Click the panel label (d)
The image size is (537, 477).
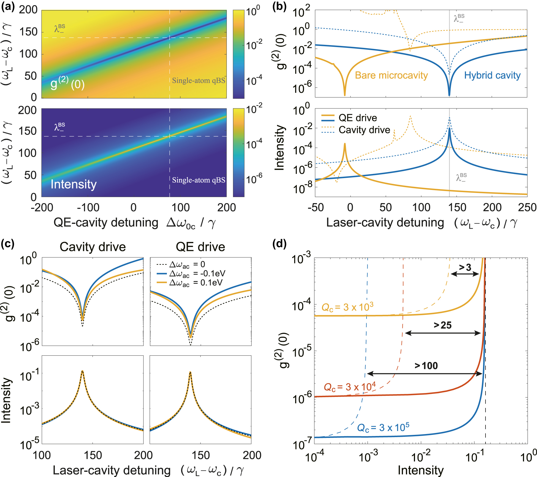[x=279, y=244]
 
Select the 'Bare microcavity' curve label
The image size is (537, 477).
[x=391, y=75]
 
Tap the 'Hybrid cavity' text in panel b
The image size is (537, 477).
[x=492, y=75]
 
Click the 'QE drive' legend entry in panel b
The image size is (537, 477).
[x=357, y=118]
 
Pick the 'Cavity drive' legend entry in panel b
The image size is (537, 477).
[x=364, y=130]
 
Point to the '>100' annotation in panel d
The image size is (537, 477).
[x=426, y=366]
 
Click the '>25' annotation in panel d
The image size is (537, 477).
[x=443, y=325]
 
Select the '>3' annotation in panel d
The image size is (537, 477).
[x=465, y=267]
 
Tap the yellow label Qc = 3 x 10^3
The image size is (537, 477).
[x=347, y=307]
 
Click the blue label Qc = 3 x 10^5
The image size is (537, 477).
[x=383, y=427]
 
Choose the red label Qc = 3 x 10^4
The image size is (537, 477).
[x=350, y=387]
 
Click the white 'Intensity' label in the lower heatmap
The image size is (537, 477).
[x=74, y=184]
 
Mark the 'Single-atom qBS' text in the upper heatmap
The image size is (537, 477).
[x=199, y=80]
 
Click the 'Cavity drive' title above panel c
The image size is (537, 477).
[x=93, y=247]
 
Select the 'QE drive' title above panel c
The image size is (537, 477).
[x=200, y=247]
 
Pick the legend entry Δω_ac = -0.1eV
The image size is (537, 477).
[x=197, y=274]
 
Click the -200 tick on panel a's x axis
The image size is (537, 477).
[x=42, y=207]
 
